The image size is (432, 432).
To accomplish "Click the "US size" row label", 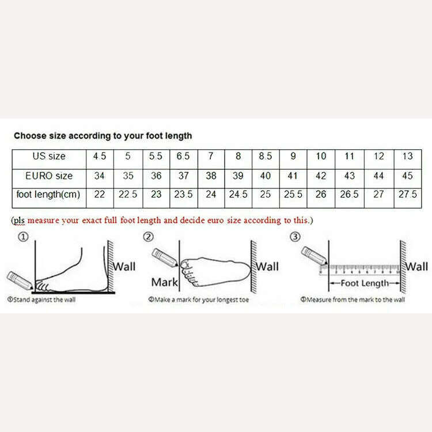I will tap(49, 156).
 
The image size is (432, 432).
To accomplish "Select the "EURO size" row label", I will tap(49, 175).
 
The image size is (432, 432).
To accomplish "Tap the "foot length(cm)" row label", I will tap(49, 195).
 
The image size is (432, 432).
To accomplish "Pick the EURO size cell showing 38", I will tap(211, 175).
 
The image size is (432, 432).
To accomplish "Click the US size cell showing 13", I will tap(407, 156).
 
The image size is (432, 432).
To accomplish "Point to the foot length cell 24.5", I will tap(238, 195).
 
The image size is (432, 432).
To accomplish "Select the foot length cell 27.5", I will tap(407, 195).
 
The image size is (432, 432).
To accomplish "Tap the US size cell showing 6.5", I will tap(183, 156).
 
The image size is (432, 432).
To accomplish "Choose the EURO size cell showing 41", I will tap(293, 175).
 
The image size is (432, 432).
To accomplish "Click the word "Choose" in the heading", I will tap(30, 136).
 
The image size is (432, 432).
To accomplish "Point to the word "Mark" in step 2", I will tap(164, 282).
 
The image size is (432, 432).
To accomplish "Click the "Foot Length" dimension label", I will tap(366, 283).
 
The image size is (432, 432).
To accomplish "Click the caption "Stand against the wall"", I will tap(41, 300).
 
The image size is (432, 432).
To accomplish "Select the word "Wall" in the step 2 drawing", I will tap(267, 266).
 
